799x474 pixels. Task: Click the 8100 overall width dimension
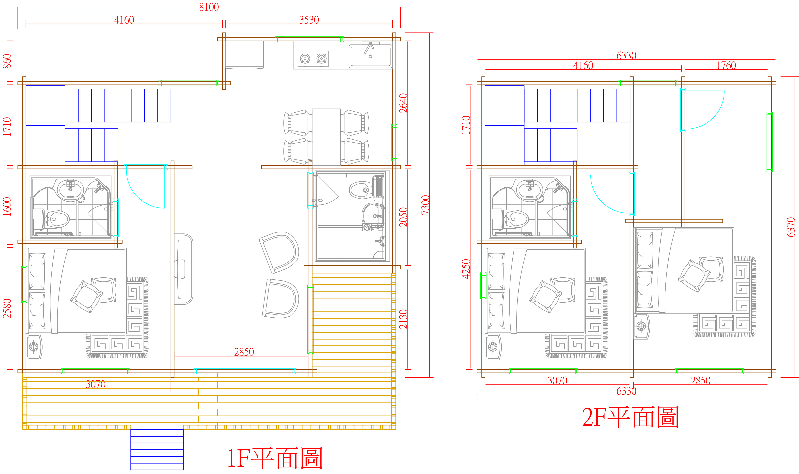(209, 7)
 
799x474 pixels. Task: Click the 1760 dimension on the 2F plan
(726, 65)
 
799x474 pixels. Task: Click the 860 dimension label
(7, 61)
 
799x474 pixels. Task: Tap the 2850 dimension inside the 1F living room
(244, 352)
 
